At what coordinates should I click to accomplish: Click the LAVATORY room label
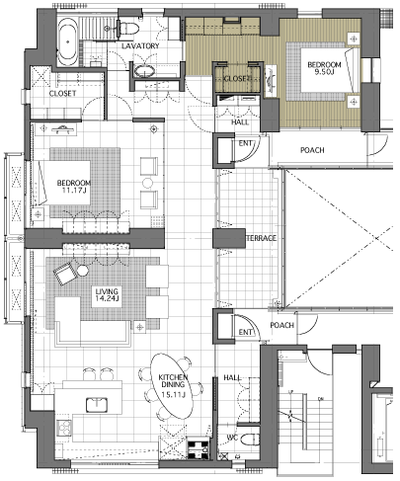click(140, 45)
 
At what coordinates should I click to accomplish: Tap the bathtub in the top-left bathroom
click(68, 41)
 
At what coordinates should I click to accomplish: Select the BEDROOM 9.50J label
click(324, 68)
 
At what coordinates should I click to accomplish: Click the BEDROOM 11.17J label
click(74, 187)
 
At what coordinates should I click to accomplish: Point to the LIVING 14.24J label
click(107, 295)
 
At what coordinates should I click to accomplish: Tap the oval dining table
click(173, 386)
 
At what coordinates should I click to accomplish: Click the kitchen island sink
click(97, 405)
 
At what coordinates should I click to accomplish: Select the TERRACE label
click(262, 238)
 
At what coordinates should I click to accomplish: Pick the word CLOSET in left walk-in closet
click(62, 94)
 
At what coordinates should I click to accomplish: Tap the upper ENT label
click(245, 143)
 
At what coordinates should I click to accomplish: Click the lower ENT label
click(245, 333)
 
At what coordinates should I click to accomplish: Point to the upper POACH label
click(312, 150)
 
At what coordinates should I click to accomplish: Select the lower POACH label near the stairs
click(281, 325)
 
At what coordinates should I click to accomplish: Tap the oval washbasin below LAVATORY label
click(144, 71)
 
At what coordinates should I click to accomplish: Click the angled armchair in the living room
click(65, 274)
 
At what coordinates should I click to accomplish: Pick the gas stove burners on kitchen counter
click(64, 429)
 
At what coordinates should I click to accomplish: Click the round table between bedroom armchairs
click(147, 183)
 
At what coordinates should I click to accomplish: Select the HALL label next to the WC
click(232, 377)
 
